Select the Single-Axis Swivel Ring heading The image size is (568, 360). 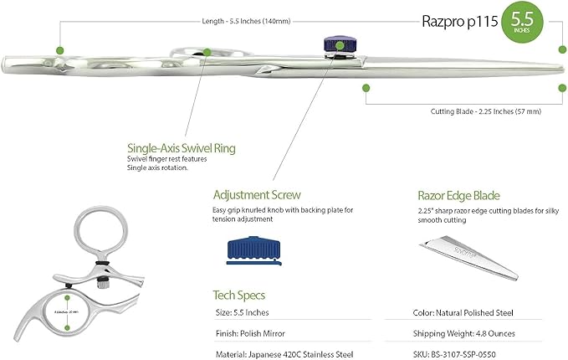[181, 148]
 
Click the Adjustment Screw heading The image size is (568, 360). [256, 193]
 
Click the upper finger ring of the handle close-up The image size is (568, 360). [99, 232]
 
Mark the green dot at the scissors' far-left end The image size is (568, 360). [60, 51]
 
